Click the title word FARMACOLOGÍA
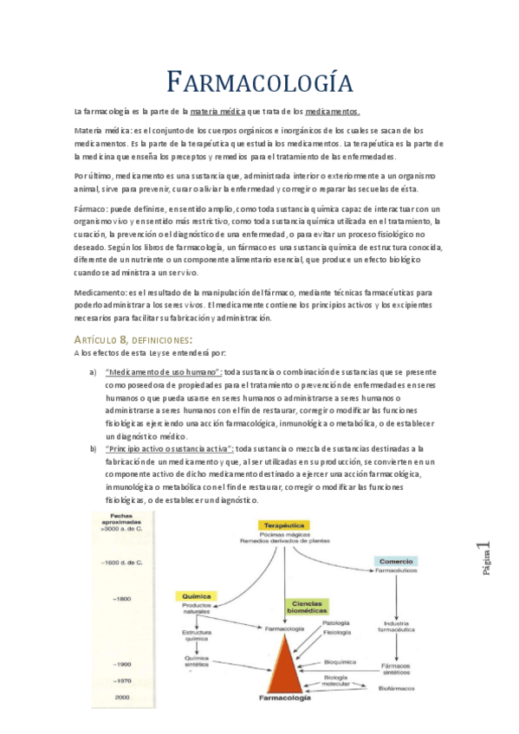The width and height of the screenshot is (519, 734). (259, 83)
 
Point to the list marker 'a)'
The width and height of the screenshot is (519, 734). (93, 372)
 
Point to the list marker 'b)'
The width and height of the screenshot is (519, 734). (93, 449)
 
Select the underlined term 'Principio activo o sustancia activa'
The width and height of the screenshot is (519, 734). (168, 449)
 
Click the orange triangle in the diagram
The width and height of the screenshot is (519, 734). (284, 661)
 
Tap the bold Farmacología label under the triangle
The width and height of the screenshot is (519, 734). (284, 697)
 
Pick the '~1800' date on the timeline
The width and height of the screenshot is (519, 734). (120, 599)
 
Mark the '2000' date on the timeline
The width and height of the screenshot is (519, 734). (122, 697)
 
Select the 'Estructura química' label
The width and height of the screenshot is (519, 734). (197, 636)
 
